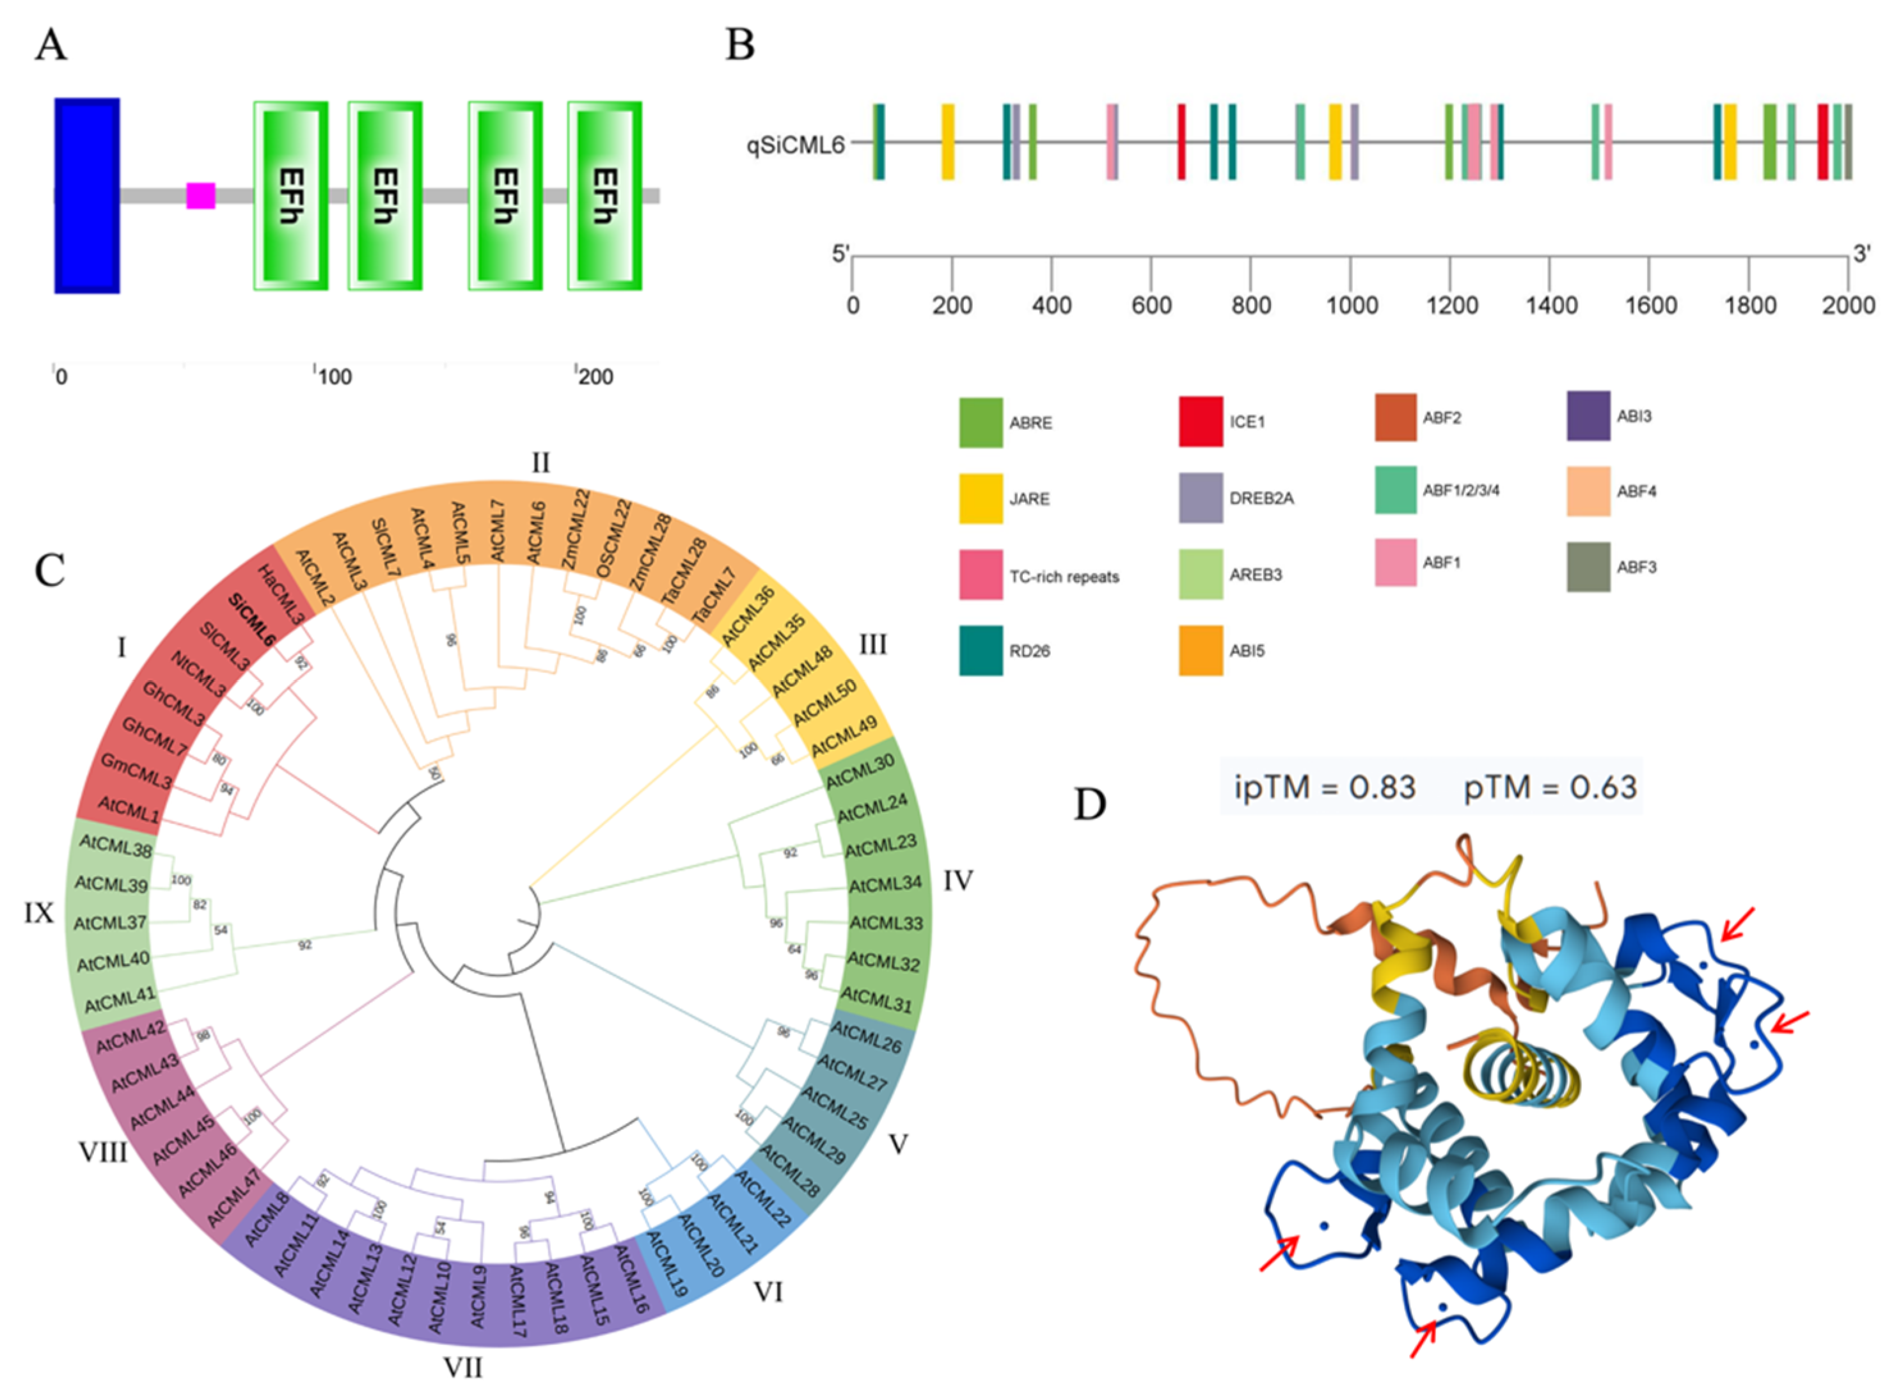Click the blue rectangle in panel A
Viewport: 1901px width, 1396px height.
tap(87, 195)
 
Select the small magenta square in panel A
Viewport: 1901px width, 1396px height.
tap(201, 195)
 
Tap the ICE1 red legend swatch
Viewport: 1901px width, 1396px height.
tap(1200, 422)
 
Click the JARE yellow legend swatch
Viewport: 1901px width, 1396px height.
tap(980, 498)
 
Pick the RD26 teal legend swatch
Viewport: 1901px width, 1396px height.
tap(980, 650)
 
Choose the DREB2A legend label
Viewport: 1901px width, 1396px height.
tap(1261, 498)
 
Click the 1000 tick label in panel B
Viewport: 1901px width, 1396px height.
tap(1351, 305)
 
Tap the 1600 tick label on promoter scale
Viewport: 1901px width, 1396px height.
tap(1650, 305)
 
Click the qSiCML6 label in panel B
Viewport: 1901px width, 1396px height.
tap(794, 145)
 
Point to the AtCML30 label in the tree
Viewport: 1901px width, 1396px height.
tap(859, 772)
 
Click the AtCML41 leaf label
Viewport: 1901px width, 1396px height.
tap(121, 1000)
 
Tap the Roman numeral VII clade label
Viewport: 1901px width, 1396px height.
tap(463, 1367)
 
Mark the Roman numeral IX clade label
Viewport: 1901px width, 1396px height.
tap(39, 912)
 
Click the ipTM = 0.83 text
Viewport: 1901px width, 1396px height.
tap(1324, 788)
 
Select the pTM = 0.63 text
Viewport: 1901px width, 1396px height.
tap(1550, 788)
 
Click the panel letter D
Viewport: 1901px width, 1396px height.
tap(1089, 804)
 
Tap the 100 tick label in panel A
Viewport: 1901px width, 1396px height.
tap(334, 377)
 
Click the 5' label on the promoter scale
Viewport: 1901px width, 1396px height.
tap(840, 253)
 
